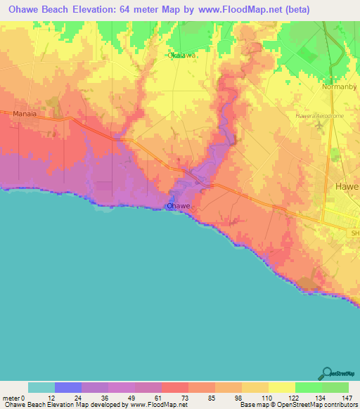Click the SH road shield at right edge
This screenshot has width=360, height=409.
tap(354, 233)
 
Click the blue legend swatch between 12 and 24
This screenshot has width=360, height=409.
tap(68, 387)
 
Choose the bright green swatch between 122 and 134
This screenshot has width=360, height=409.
tap(309, 387)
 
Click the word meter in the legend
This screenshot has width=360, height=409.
tap(12, 397)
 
